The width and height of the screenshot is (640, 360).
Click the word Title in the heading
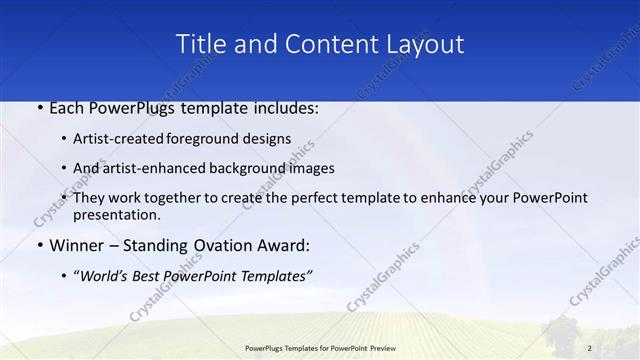pyautogui.click(x=198, y=44)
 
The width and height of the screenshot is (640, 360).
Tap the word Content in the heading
pyautogui.click(x=330, y=44)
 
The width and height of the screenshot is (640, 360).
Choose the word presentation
pyautogui.click(x=116, y=215)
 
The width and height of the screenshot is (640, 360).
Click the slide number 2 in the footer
pyautogui.click(x=590, y=347)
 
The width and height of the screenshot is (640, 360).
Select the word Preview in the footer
pyautogui.click(x=390, y=347)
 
